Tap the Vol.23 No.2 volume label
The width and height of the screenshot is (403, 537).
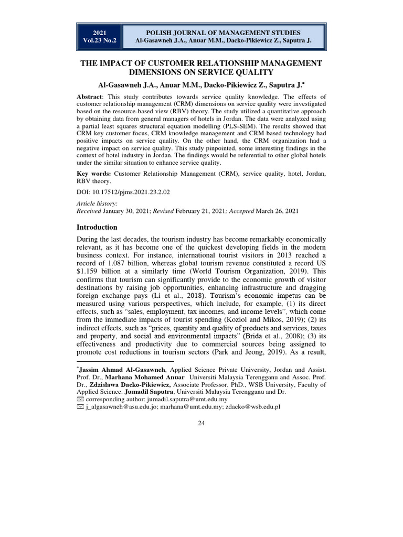(99, 40)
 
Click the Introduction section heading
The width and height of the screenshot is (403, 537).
(98, 228)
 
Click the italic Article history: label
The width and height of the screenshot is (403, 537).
(97, 203)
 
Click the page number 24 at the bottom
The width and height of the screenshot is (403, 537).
(201, 424)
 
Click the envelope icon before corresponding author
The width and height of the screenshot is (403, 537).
(80, 399)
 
